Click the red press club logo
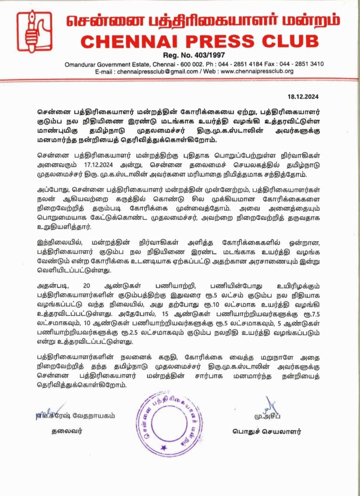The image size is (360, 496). pyautogui.click(x=34, y=31)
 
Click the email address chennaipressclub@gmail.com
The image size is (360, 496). pyautogui.click(x=155, y=71)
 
